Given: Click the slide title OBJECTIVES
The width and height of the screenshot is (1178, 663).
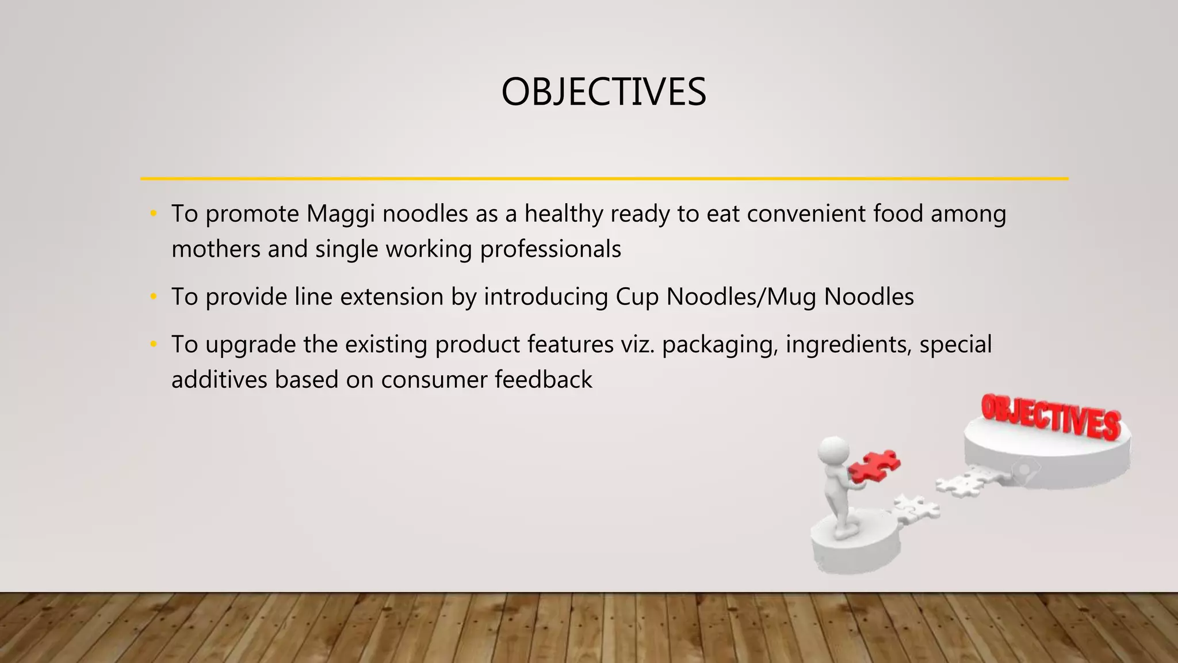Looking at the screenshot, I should [x=603, y=92].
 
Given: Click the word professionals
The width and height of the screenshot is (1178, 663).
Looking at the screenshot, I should [x=550, y=250].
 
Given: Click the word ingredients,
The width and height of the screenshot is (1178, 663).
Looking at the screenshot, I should [x=848, y=345].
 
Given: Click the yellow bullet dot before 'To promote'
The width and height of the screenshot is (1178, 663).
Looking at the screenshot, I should [x=153, y=214].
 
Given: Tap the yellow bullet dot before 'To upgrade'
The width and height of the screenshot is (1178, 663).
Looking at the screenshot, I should [x=153, y=345].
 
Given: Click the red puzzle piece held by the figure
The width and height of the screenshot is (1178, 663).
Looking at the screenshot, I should [x=874, y=466].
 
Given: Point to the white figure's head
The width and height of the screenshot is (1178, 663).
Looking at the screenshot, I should [x=833, y=449].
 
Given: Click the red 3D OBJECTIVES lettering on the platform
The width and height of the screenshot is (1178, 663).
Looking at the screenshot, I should [x=1050, y=416].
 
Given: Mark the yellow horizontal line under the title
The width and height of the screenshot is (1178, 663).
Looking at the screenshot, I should [x=604, y=179].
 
